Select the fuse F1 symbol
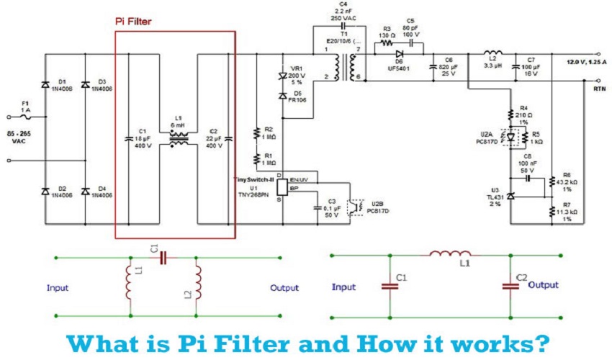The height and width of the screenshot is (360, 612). [26, 116]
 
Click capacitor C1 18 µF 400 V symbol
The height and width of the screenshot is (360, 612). [130, 138]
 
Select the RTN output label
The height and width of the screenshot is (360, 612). [598, 89]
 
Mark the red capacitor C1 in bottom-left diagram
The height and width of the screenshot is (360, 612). [162, 257]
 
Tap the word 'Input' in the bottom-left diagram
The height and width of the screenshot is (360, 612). [58, 288]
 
